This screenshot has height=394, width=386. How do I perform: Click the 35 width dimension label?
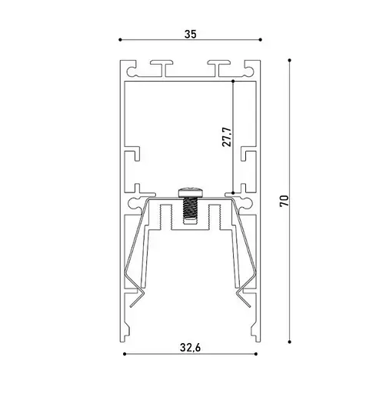pos(191,34)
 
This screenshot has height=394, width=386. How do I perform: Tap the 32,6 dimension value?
pos(191,348)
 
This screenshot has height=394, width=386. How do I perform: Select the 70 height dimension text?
pos(285,201)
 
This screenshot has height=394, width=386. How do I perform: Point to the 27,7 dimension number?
pos(227,137)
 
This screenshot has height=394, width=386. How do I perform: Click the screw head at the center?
pos(191,192)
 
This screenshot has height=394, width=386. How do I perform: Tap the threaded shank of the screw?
pos(191,209)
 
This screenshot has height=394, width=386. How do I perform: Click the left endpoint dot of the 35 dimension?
pos(120,40)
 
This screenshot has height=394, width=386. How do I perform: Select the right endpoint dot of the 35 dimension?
pos(261,40)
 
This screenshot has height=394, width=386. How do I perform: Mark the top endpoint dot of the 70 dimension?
pos(290,60)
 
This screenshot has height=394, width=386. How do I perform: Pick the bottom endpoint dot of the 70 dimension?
pos(290,342)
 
